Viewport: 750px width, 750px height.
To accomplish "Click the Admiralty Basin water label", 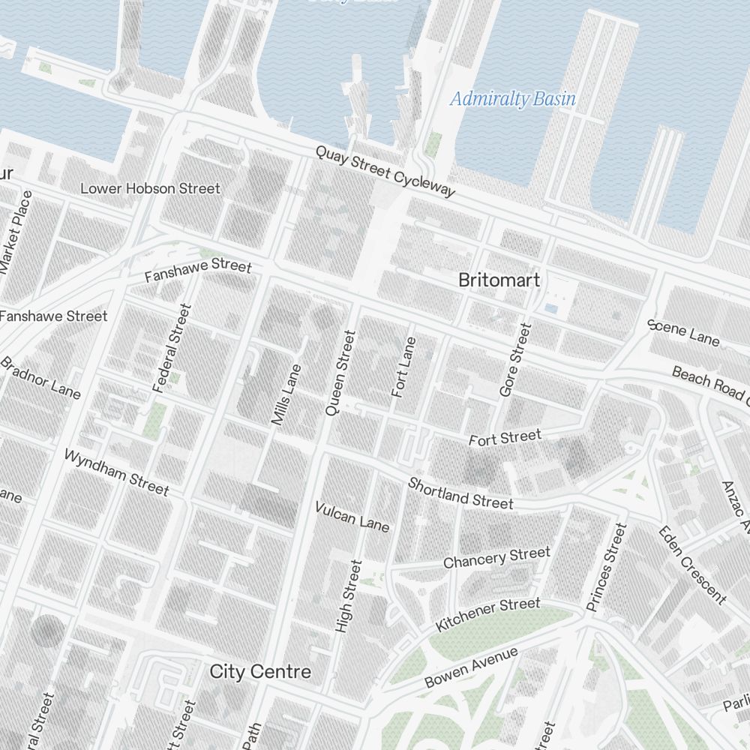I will click(x=513, y=99).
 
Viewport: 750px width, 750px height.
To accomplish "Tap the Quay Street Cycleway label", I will click(x=385, y=172).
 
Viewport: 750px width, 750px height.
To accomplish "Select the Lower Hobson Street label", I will click(x=150, y=188).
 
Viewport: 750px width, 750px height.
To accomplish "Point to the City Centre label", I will click(x=259, y=670).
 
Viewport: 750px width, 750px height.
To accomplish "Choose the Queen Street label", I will click(x=338, y=373).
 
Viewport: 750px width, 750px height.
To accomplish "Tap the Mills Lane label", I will click(x=286, y=395).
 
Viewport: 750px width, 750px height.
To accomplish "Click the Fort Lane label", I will click(x=403, y=367).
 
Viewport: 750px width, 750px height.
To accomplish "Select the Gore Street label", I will click(x=515, y=360).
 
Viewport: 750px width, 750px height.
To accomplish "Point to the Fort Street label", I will click(x=505, y=437).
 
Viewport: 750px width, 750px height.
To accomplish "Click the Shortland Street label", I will click(x=460, y=493).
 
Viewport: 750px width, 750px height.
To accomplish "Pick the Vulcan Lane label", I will click(x=352, y=516).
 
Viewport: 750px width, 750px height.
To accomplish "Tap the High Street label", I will click(x=349, y=596).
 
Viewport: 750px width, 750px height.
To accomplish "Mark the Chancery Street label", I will click(x=496, y=557).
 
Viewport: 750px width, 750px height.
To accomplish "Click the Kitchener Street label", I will click(x=487, y=614).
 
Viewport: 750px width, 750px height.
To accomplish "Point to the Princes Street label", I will click(x=607, y=567).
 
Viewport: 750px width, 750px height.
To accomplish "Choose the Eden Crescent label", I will click(x=691, y=565).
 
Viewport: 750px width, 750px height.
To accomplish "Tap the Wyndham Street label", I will click(x=116, y=472).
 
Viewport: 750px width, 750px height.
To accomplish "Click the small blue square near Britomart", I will click(x=551, y=308).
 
